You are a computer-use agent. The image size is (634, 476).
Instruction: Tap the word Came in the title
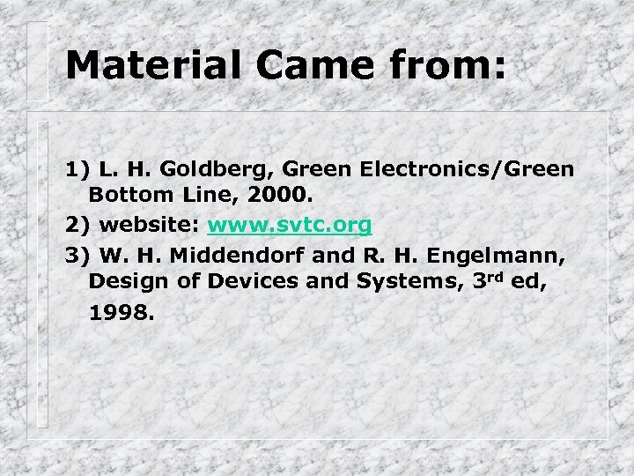[292, 65]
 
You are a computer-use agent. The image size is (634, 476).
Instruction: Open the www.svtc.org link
[289, 226]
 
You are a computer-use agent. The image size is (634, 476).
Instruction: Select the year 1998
[121, 312]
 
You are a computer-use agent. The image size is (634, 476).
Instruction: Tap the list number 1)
[77, 167]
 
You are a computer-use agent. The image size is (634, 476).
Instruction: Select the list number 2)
[77, 226]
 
